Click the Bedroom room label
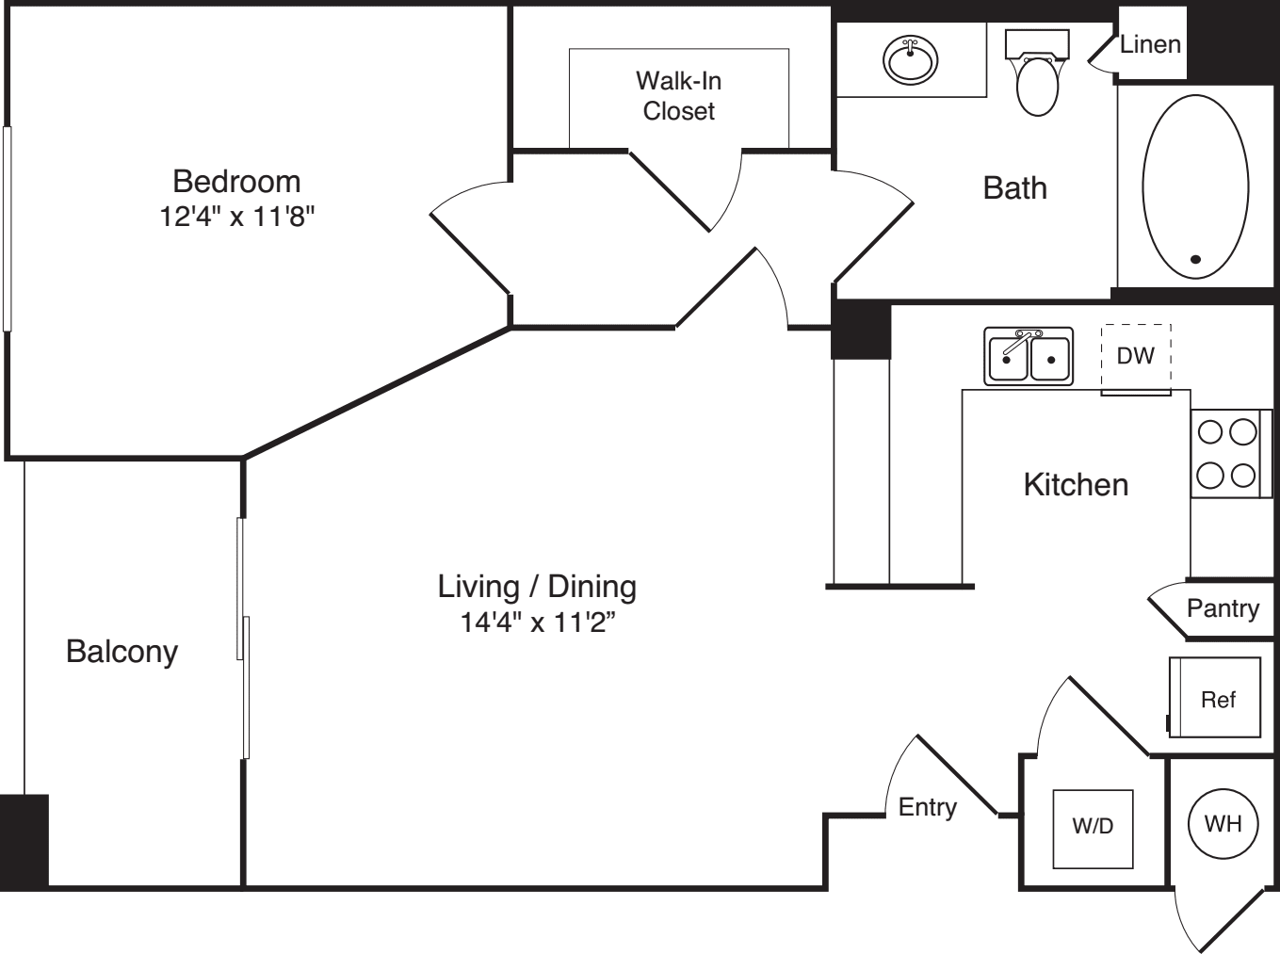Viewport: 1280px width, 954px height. [x=236, y=182]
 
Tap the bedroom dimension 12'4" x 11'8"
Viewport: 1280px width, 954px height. [x=236, y=217]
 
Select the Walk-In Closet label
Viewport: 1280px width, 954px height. [x=679, y=96]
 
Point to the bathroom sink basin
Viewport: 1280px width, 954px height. [x=910, y=59]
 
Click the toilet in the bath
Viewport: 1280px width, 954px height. [x=1037, y=73]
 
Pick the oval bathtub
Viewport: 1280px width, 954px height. [x=1195, y=186]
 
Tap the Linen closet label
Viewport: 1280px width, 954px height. [x=1150, y=44]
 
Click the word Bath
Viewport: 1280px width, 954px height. [x=1014, y=188]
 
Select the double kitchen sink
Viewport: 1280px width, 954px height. [x=1029, y=356]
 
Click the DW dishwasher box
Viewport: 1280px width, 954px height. [x=1136, y=359]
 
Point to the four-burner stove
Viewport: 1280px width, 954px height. [x=1231, y=454]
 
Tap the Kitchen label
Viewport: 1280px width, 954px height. [x=1076, y=485]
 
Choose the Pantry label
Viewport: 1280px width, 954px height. [x=1223, y=608]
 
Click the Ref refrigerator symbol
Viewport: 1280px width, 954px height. [x=1215, y=698]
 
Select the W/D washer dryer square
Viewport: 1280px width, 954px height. [x=1093, y=829]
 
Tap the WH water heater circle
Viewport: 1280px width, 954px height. [x=1223, y=824]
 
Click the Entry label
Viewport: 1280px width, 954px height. [x=928, y=808]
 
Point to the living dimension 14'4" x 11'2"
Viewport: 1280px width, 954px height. [x=538, y=623]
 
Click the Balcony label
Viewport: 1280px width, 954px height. [x=122, y=653]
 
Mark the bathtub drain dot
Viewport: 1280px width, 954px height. [x=1195, y=259]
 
